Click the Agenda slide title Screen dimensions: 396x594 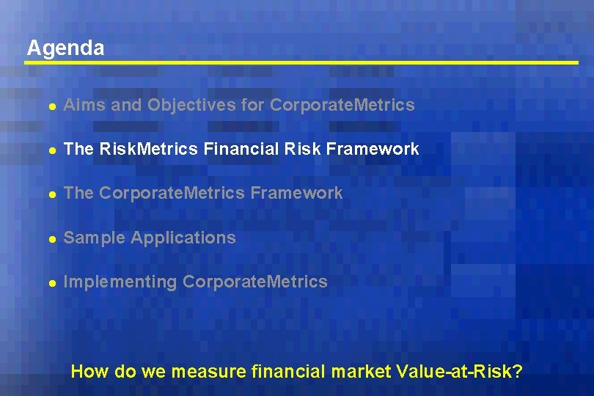click(65, 48)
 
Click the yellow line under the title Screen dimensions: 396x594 click(301, 64)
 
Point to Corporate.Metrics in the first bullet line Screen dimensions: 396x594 click(342, 106)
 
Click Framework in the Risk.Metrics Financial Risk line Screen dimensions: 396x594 click(373, 150)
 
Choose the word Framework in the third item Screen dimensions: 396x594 click(296, 194)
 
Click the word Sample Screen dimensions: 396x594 click(92, 238)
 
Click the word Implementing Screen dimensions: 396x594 click(120, 282)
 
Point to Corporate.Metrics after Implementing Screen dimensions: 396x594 click(255, 282)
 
